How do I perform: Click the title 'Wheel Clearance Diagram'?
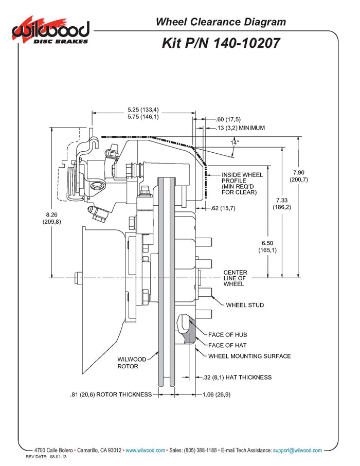(221, 22)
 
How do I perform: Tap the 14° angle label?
(235, 142)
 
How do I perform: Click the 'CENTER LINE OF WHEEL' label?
(235, 278)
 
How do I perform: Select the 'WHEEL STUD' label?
(245, 305)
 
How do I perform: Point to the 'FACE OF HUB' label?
(227, 334)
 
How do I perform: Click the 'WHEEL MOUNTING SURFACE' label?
(249, 356)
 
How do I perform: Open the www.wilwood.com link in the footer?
(146, 450)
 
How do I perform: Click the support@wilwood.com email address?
(297, 450)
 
